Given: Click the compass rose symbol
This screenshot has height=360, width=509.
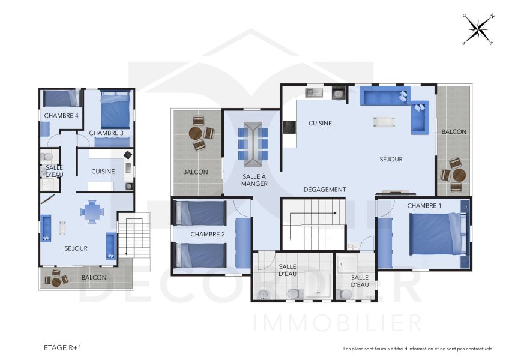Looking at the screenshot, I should [x=478, y=29].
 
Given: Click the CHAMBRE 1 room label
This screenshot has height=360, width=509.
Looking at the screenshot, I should [x=424, y=206].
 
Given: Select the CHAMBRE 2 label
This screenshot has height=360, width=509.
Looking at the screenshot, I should [x=208, y=234].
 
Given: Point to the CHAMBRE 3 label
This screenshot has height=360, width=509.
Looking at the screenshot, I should [x=106, y=133].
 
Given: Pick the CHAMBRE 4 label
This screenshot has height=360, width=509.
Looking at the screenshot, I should [x=61, y=115].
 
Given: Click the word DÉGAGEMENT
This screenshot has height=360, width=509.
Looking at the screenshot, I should [x=325, y=190].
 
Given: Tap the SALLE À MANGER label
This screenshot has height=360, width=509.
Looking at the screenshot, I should [x=254, y=179].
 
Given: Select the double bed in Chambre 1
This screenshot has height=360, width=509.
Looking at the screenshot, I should [x=437, y=234].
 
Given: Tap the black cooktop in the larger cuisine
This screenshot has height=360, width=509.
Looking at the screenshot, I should [x=289, y=127].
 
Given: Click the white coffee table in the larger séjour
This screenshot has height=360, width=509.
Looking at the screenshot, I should [x=384, y=122].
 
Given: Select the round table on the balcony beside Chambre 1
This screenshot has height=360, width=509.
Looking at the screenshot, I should [x=459, y=175].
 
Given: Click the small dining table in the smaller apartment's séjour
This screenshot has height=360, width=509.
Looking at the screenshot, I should [x=92, y=211].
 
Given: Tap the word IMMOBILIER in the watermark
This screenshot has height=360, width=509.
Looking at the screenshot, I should [x=338, y=322].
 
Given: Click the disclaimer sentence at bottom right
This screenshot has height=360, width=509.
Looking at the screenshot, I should [x=418, y=349].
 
